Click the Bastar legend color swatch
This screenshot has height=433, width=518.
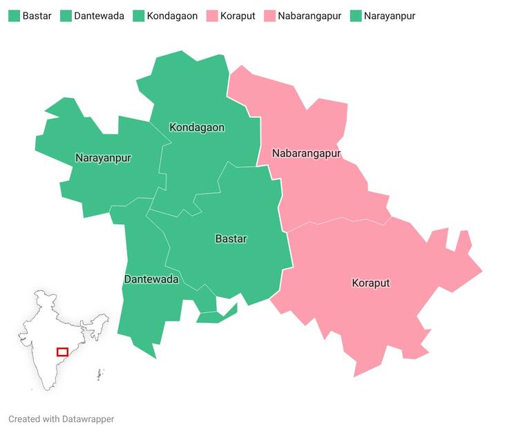tap(14, 16)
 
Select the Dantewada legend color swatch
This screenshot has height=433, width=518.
tap(66, 16)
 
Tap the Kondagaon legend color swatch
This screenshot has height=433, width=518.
tap(139, 16)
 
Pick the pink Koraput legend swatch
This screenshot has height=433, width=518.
tap(212, 16)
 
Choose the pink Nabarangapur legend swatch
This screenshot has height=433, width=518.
tap(269, 16)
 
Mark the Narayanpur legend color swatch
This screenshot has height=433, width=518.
tap(356, 16)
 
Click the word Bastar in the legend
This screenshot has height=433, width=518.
tap(37, 16)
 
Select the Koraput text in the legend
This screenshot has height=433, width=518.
tap(237, 16)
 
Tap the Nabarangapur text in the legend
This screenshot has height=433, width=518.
tap(309, 16)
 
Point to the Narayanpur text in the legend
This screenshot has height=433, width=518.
tap(390, 16)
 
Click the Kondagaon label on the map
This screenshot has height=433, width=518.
tap(197, 128)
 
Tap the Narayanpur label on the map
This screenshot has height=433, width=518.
tap(103, 158)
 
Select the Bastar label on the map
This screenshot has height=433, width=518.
tap(231, 239)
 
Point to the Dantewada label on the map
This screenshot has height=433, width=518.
tap(151, 279)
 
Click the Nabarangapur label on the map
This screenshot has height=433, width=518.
tap(306, 153)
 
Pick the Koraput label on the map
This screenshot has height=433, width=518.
tap(371, 283)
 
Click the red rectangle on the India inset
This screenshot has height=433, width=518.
tap(62, 352)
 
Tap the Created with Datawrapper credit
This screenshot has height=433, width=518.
tap(61, 419)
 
